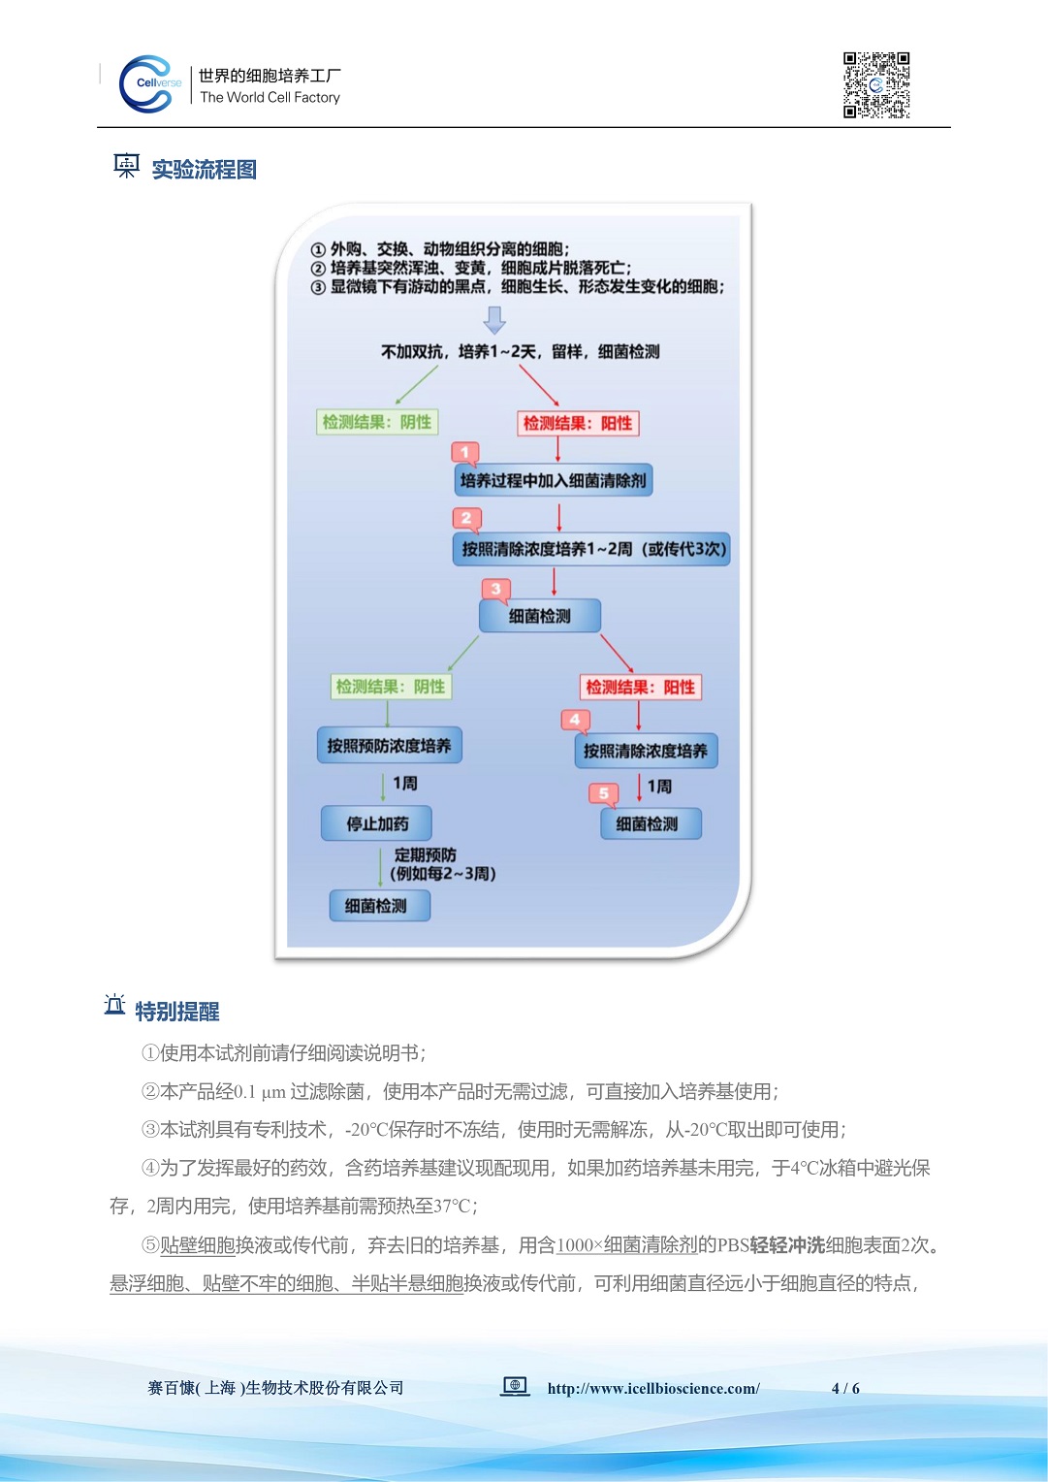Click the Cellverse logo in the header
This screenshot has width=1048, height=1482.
click(x=148, y=84)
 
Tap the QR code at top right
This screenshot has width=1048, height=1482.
click(x=876, y=85)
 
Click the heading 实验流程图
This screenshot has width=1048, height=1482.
click(x=204, y=170)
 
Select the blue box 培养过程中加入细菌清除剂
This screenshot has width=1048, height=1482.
click(x=553, y=480)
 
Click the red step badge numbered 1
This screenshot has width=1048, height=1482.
click(x=465, y=453)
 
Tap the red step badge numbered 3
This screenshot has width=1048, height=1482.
click(x=495, y=590)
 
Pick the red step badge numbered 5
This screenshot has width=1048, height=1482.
click(x=603, y=794)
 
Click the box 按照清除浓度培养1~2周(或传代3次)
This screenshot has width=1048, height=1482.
click(x=591, y=549)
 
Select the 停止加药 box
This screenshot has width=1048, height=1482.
click(x=376, y=823)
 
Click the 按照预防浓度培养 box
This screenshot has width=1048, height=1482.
click(x=389, y=746)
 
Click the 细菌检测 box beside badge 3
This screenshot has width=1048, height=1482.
click(x=540, y=616)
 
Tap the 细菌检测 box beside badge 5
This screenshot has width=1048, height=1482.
click(x=647, y=824)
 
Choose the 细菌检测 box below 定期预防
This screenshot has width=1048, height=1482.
click(x=375, y=906)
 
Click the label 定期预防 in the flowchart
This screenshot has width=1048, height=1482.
click(x=425, y=855)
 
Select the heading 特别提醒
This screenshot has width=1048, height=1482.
click(x=176, y=1012)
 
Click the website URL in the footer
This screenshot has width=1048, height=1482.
click(x=653, y=1388)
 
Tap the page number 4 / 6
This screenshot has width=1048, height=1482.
click(x=845, y=1388)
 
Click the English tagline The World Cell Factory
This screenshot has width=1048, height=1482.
click(x=270, y=97)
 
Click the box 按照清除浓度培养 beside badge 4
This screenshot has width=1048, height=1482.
click(x=646, y=751)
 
